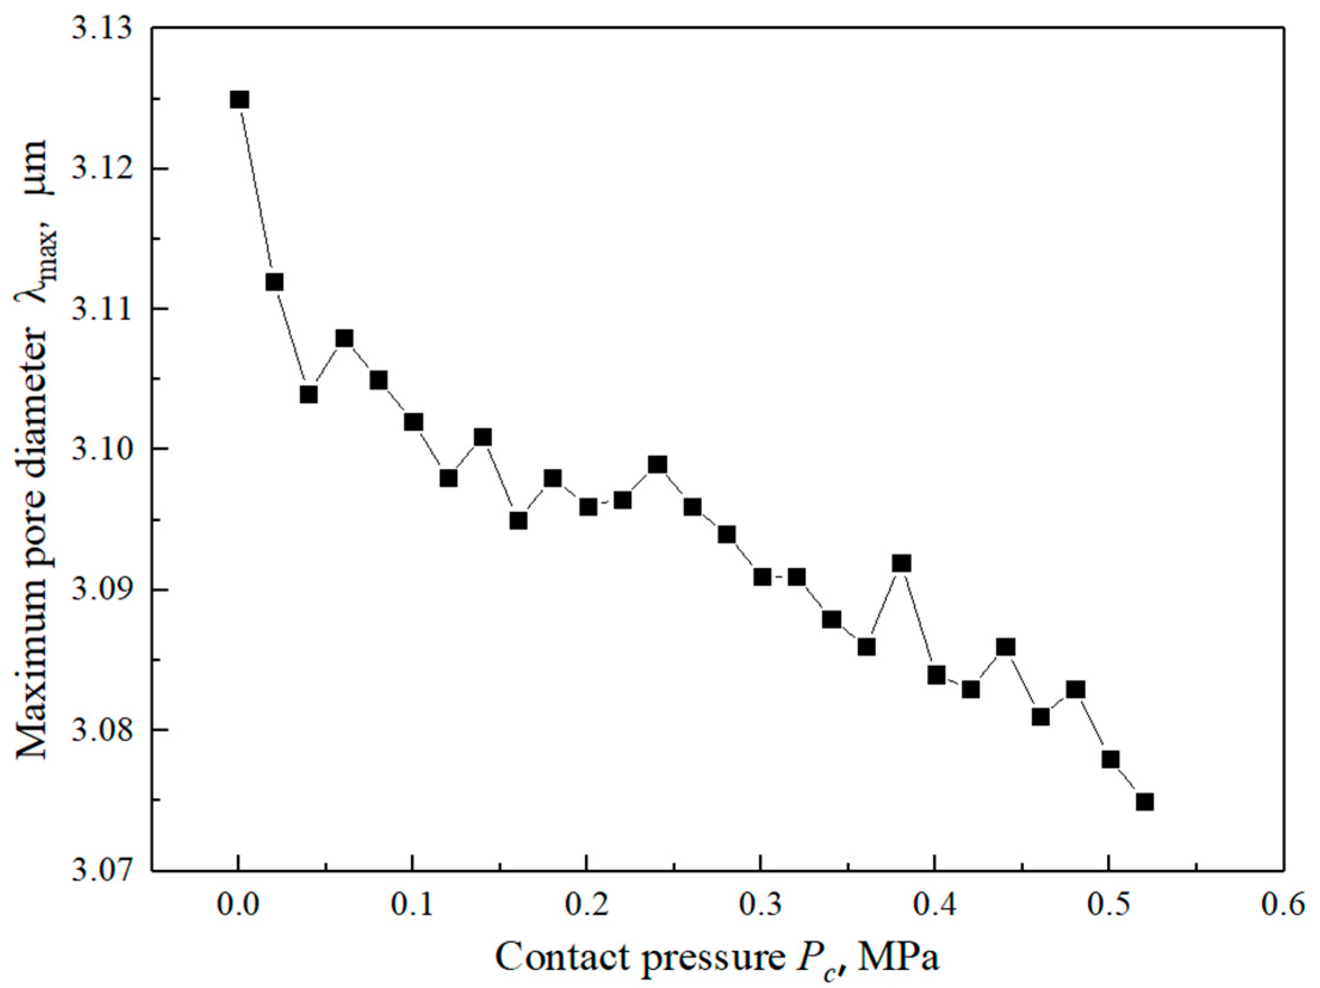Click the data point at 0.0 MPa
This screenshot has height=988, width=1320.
coord(239,100)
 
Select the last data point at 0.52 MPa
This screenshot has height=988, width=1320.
coord(1145,802)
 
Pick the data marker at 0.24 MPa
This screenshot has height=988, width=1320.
coord(657,464)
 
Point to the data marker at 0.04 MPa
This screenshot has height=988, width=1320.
coord(309,395)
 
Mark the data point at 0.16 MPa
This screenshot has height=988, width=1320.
coord(518,521)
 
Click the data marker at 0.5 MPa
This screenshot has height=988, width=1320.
coord(1110,760)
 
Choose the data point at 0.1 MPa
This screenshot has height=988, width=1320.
coord(413,423)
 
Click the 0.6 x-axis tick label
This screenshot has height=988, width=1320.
coord(1283,906)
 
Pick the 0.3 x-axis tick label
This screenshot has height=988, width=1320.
coord(760,906)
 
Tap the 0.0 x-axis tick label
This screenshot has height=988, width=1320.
coord(238,906)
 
